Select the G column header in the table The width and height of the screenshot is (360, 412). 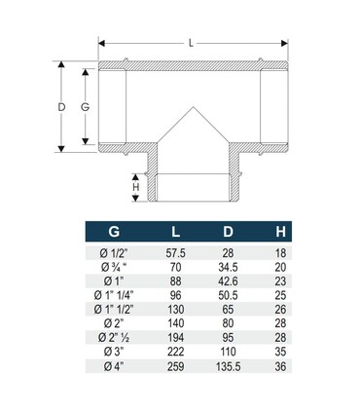tap(114, 232)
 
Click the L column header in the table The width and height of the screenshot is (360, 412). tap(176, 232)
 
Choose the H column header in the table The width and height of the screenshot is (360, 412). tap(280, 232)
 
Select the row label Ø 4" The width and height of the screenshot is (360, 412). tap(114, 366)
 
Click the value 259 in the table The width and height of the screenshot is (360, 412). tap(176, 366)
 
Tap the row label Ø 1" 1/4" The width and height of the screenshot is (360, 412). tap(114, 294)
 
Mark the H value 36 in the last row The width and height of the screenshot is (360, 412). tap(280, 366)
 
